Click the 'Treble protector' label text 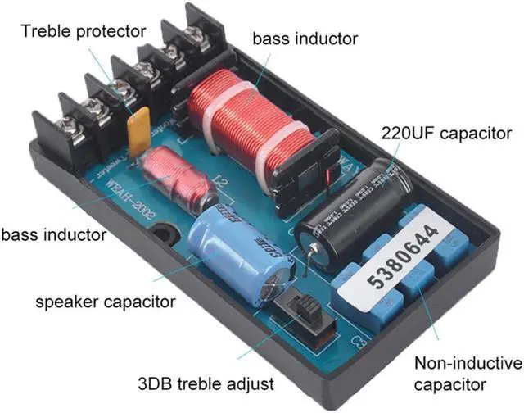tap(84, 32)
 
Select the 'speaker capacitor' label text tap(106, 302)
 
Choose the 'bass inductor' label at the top tap(304, 38)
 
